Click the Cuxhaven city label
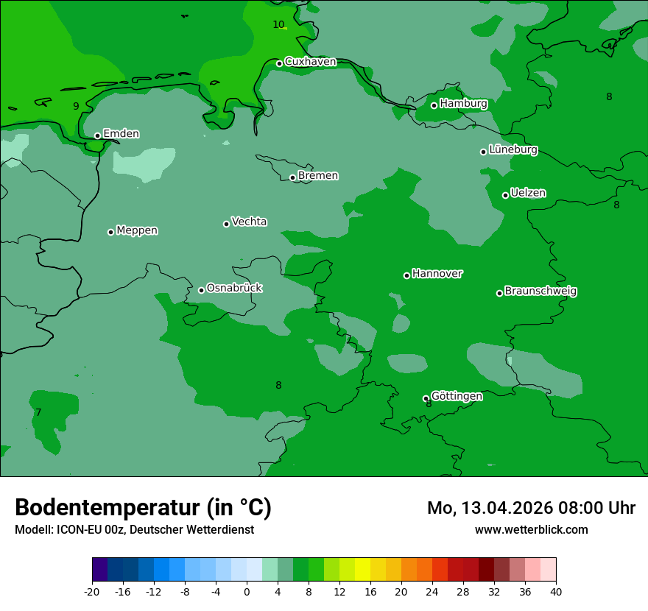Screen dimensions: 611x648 pos(310,62)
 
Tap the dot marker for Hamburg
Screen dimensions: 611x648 pos(434,105)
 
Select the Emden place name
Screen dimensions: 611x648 pos(121,134)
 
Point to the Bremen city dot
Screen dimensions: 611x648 pos(292,177)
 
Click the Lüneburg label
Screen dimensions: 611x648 pos(513,149)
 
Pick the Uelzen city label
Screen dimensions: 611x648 pos(528,193)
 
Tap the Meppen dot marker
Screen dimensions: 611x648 pos(110,232)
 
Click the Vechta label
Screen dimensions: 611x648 pos(249,222)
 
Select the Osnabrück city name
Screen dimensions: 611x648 pos(234,288)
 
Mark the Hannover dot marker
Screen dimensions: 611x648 pos(406,275)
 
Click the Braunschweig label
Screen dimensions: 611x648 pos(540,291)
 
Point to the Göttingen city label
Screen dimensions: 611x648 pos(457,396)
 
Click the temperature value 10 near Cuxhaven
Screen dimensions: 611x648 pos(278,24)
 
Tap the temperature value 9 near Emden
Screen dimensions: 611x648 pos(76,106)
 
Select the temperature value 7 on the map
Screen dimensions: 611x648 pos(38,412)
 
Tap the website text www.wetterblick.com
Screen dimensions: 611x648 pos(531,529)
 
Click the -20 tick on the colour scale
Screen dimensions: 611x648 pos(92,591)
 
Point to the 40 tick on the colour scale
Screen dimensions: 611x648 pos(556,591)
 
